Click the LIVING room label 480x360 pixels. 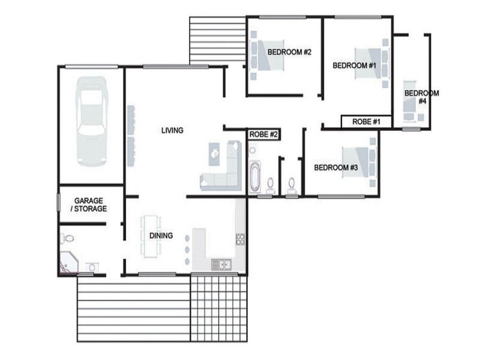172,130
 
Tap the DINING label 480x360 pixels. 161,236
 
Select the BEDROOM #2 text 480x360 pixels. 289,52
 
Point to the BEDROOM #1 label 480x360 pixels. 354,65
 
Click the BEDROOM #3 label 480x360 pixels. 336,167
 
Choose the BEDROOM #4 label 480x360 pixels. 421,97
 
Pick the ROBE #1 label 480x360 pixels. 366,122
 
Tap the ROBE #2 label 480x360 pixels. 263,135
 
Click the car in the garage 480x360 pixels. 92,123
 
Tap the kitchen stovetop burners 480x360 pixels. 240,239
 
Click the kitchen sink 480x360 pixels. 220,264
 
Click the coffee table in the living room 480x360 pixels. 214,153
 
